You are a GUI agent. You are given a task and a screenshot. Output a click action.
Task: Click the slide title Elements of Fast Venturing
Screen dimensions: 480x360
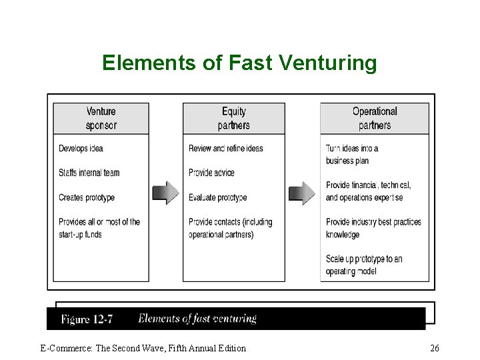239,63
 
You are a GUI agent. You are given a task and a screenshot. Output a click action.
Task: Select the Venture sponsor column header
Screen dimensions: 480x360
101,118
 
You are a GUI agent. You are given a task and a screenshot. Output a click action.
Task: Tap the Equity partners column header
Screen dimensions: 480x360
234,118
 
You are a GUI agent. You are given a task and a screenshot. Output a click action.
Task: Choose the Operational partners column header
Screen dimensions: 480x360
375,118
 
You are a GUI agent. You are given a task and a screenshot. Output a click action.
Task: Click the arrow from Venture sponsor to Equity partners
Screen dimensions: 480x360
166,193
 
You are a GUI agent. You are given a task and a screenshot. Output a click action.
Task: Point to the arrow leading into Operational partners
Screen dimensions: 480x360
302,193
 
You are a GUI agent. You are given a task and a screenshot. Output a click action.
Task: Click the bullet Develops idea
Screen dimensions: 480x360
81,148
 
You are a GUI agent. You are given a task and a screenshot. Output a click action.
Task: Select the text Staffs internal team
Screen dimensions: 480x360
89,173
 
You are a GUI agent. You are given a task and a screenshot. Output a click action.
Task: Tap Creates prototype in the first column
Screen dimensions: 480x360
87,197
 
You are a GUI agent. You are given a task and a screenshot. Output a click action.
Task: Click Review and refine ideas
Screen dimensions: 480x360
226,148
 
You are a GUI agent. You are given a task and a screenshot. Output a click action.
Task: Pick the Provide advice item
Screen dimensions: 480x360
211,173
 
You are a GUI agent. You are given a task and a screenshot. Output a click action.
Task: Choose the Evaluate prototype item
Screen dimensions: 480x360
218,197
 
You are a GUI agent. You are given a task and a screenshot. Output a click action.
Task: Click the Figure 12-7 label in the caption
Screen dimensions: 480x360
87,319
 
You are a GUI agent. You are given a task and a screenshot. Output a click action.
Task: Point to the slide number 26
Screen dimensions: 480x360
435,348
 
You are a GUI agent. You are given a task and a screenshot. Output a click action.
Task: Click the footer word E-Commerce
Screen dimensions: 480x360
63,348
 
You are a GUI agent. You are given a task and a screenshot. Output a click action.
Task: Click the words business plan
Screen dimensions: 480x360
347,161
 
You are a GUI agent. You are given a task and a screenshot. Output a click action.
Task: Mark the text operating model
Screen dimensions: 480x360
351,271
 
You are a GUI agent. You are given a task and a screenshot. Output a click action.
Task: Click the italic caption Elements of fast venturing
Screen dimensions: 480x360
197,319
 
